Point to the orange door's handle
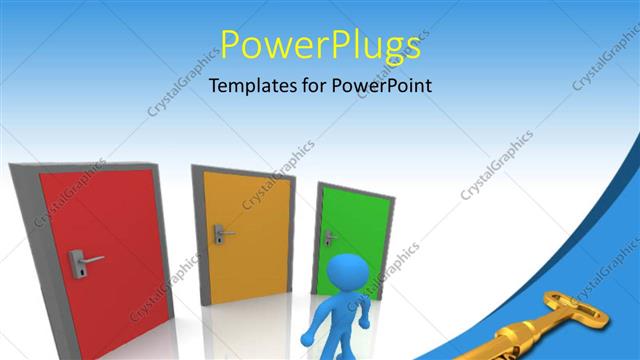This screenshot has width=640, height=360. (221, 235)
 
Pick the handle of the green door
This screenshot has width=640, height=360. (327, 237)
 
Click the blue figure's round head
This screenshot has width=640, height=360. (349, 274)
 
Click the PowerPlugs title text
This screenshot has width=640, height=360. (320, 45)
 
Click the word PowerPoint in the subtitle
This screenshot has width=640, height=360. (384, 86)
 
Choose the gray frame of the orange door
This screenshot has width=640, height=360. (197, 230)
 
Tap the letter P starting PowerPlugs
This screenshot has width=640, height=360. (231, 45)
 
